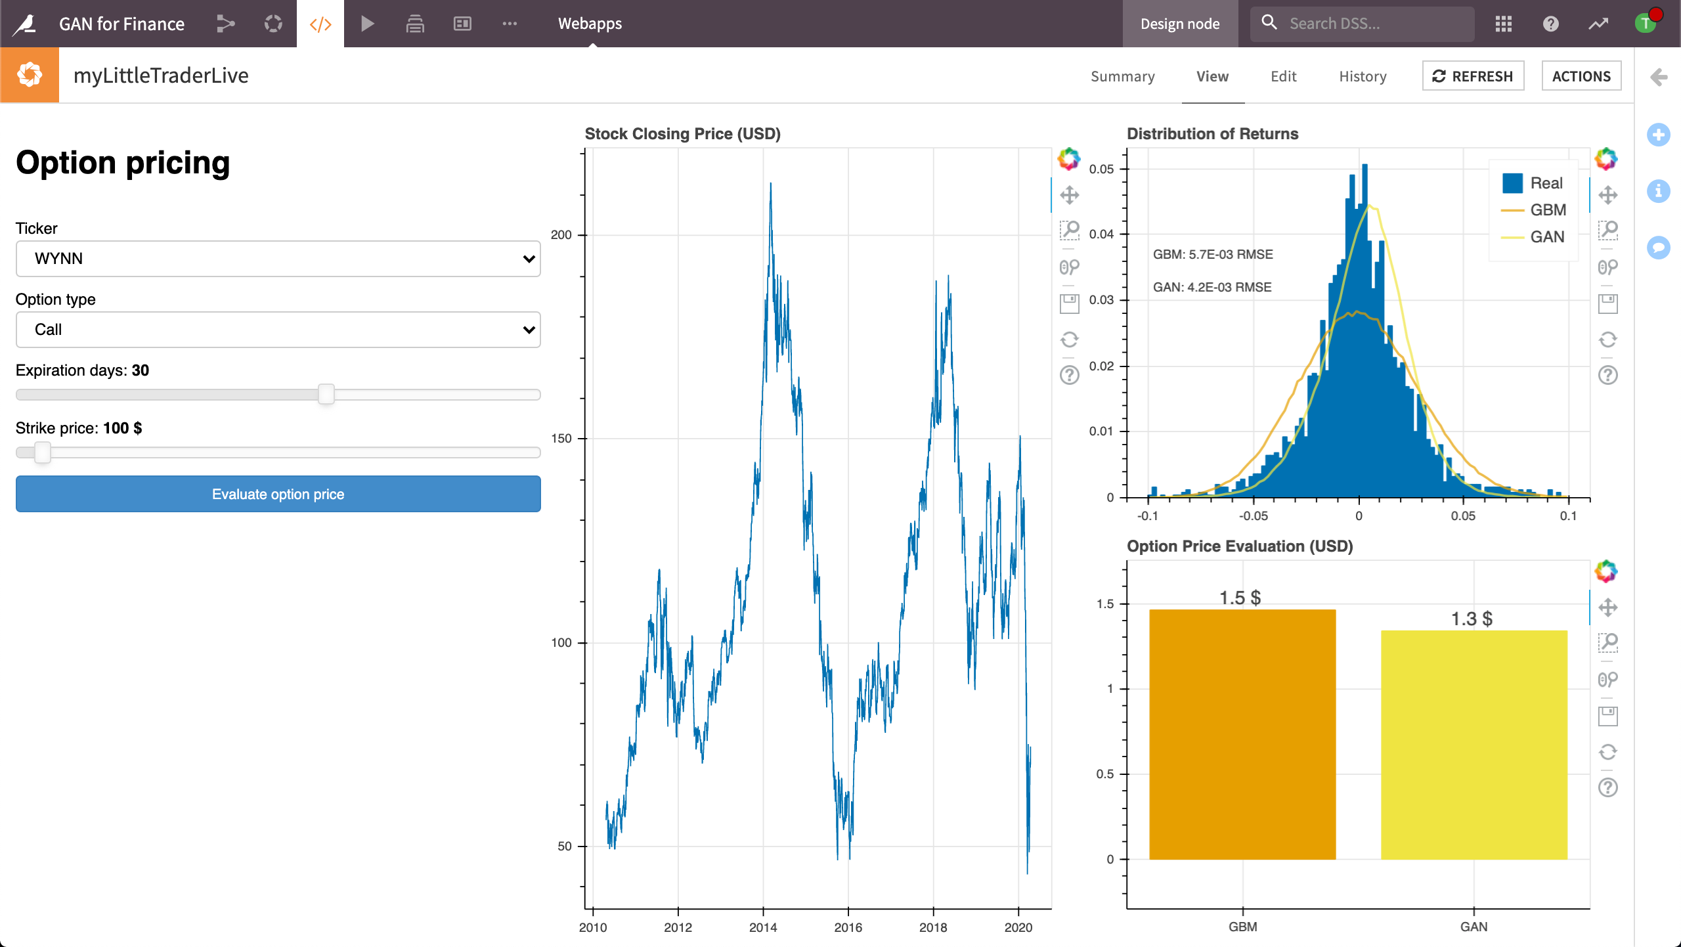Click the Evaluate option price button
point(278,494)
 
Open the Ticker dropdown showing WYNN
point(278,259)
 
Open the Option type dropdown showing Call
point(278,330)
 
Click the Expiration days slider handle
point(326,394)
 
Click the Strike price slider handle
point(43,452)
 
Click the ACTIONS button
point(1581,76)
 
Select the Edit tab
point(1283,76)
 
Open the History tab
point(1363,76)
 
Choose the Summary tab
point(1122,76)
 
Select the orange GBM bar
point(1242,734)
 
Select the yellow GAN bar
point(1474,745)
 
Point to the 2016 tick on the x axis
point(848,927)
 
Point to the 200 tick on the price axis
point(561,235)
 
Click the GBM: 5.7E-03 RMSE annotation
point(1213,255)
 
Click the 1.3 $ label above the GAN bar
point(1472,619)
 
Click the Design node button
point(1180,24)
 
